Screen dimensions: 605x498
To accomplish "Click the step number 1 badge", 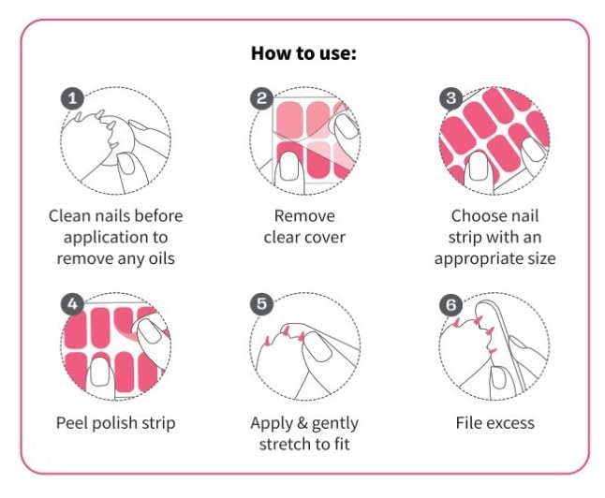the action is tap(72, 98).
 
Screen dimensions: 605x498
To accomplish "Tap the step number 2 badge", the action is tap(262, 98).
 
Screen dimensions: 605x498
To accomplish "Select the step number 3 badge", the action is tap(451, 98).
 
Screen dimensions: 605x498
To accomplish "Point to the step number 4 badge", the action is tap(72, 305).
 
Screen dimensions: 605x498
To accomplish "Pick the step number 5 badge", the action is tap(262, 304).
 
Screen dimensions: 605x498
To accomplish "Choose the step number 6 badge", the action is tap(451, 305).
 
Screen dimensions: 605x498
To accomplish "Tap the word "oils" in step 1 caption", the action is tap(162, 258).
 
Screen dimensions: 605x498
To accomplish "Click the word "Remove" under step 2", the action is tap(304, 216).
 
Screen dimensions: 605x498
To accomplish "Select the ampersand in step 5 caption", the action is tap(302, 423).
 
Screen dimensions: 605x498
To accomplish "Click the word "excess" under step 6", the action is tap(509, 423).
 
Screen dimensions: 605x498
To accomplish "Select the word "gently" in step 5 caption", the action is tap(335, 424).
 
